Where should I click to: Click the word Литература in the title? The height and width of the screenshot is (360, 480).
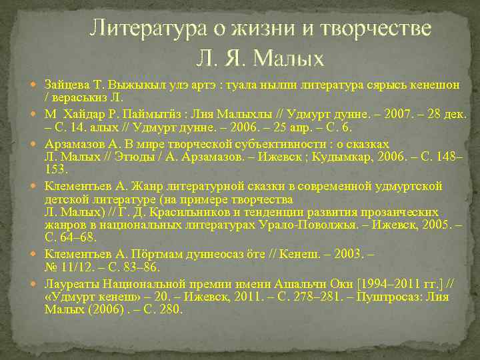point(139,29)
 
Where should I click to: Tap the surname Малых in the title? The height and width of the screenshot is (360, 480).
point(289,59)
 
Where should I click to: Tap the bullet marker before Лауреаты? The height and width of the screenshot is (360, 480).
point(37,281)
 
